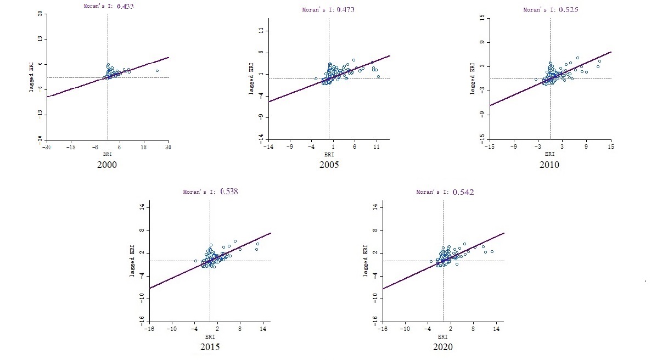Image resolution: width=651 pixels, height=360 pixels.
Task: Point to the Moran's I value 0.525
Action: click(568, 9)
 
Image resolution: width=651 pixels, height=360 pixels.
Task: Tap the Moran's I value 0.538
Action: click(229, 192)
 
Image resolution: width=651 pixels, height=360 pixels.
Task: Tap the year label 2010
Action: click(549, 165)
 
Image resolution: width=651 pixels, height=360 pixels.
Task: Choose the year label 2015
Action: click(210, 347)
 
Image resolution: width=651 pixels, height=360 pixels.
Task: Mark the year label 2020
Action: click(442, 347)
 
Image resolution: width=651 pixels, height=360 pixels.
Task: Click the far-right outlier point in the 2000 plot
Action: click(157, 71)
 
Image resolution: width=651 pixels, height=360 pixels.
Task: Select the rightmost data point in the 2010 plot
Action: click(599, 61)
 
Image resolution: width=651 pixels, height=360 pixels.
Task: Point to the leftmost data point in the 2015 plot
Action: click(195, 261)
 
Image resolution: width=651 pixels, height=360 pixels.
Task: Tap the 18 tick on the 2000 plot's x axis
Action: click(144, 147)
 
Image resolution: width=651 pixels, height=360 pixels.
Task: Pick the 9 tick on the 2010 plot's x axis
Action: click(586, 147)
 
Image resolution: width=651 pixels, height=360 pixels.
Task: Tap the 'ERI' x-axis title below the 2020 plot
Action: click(442, 336)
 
